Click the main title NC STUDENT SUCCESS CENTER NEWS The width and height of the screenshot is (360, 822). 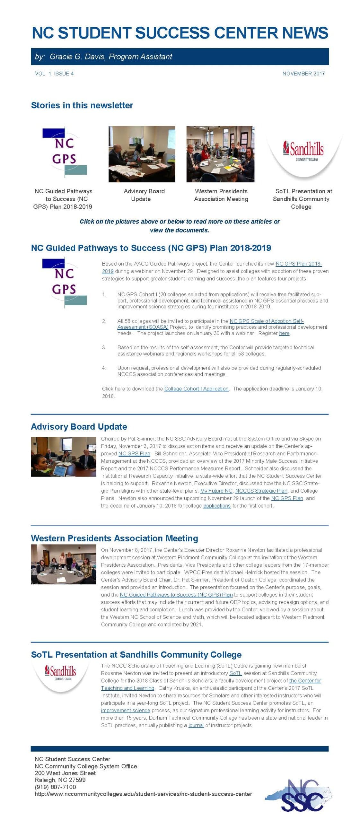[x=180, y=33]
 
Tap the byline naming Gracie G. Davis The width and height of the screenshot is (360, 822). [x=103, y=57]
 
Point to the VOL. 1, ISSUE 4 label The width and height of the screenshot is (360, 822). [x=54, y=74]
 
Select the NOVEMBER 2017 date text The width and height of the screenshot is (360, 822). [x=303, y=74]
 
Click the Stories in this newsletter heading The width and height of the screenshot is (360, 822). [x=82, y=105]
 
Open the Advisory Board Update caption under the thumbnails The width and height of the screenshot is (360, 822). [x=144, y=195]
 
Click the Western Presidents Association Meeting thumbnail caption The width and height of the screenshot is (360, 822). [x=221, y=195]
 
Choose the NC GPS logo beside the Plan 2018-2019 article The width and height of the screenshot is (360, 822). [x=64, y=282]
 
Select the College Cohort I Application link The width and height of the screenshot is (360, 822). [x=196, y=389]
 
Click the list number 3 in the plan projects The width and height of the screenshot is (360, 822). [x=104, y=347]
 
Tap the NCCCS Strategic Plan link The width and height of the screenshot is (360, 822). [x=261, y=491]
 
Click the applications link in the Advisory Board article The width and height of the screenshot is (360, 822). [x=217, y=506]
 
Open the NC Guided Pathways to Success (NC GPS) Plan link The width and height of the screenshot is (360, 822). [x=176, y=595]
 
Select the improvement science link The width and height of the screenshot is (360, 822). [x=126, y=710]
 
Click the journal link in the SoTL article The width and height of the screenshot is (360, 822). [x=196, y=725]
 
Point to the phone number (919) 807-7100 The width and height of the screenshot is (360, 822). [x=55, y=787]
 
